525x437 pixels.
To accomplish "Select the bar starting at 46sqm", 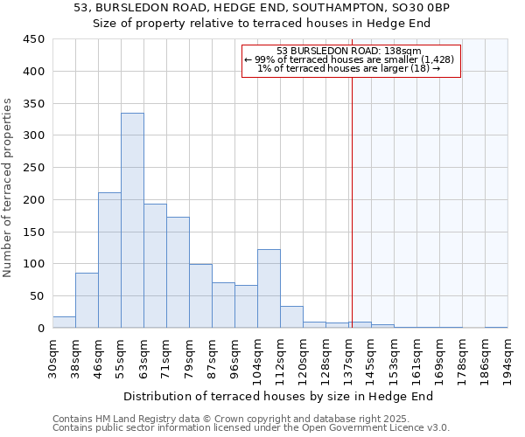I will (x=109, y=260).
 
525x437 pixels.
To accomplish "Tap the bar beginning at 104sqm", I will (x=269, y=288).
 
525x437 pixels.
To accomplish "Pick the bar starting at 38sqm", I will (x=87, y=301).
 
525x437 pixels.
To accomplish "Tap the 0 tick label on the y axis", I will (x=40, y=329).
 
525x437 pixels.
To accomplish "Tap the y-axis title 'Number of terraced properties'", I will (x=8, y=187).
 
